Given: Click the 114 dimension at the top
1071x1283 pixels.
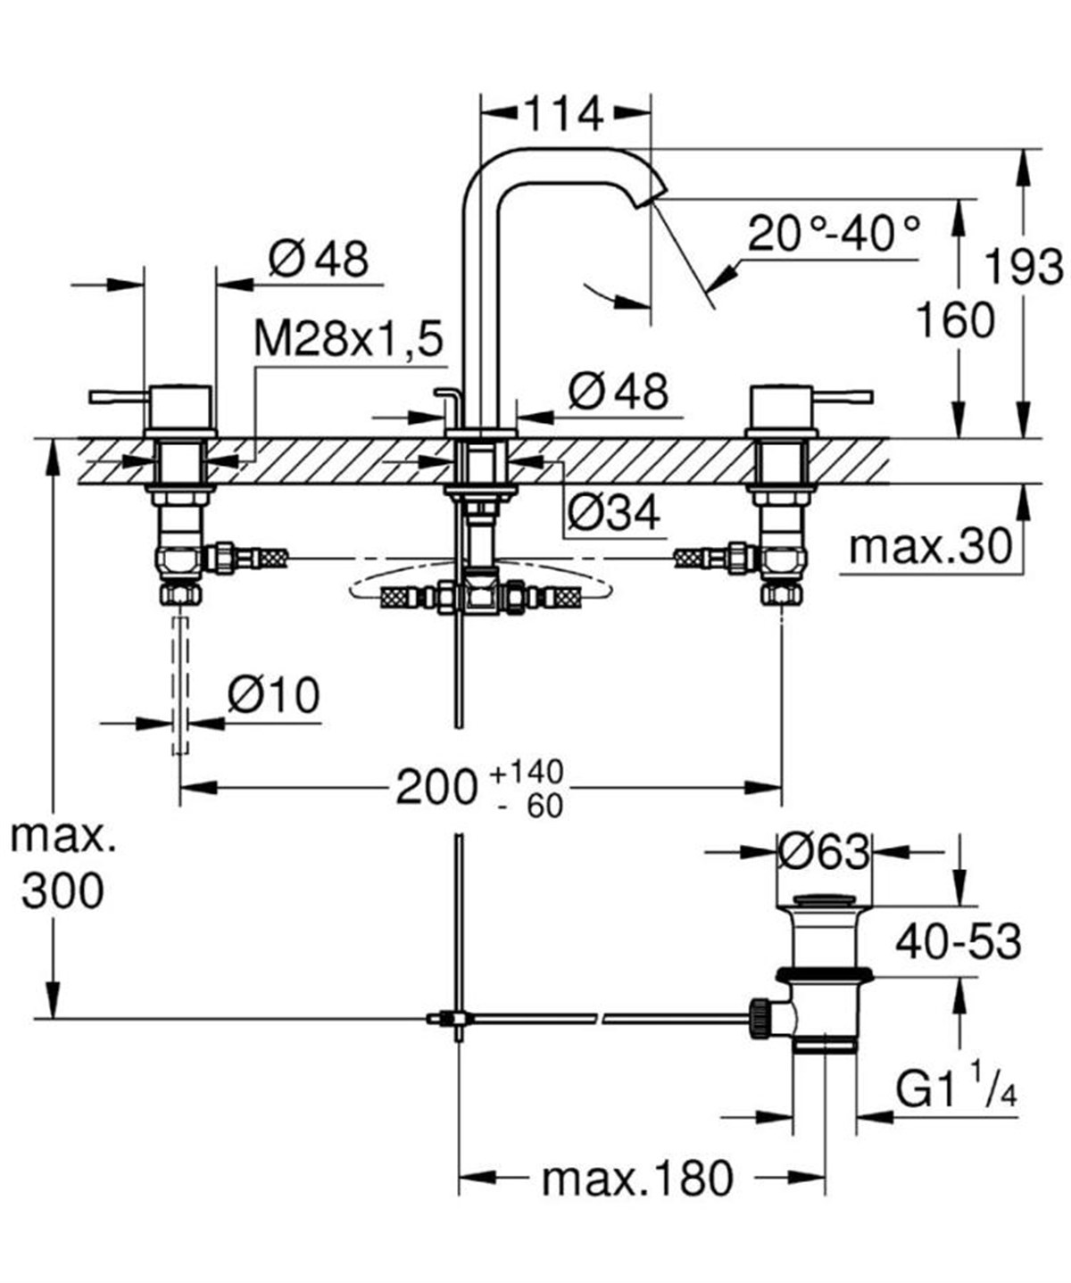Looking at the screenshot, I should click(563, 113).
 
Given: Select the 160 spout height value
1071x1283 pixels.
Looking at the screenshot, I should click(955, 319).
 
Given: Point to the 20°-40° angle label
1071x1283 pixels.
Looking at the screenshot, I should click(833, 235).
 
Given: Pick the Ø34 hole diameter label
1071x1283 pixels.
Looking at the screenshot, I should click(613, 512).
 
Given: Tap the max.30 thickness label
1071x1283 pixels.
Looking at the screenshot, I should click(931, 546).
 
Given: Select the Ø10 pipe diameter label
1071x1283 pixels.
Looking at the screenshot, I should click(273, 695).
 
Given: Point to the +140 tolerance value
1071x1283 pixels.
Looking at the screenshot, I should click(527, 770).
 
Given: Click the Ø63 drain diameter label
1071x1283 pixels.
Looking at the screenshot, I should click(823, 852).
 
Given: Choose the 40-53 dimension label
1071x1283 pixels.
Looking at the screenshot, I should click(959, 941).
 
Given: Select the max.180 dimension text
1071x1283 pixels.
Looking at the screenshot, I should click(637, 1180).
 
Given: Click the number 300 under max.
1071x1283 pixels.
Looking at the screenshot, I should click(62, 890).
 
